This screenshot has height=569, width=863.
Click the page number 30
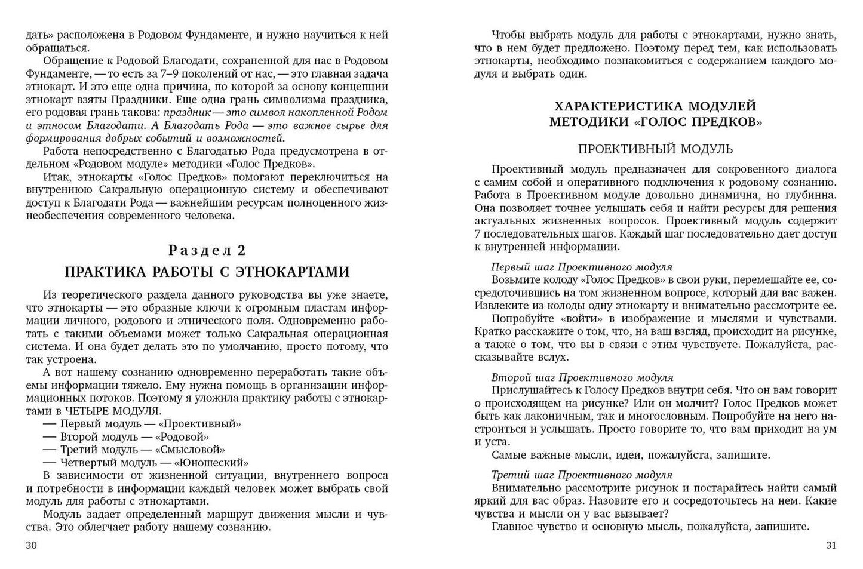pyautogui.click(x=32, y=545)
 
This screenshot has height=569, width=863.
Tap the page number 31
pyautogui.click(x=831, y=545)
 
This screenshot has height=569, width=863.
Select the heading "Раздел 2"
pyautogui.click(x=207, y=250)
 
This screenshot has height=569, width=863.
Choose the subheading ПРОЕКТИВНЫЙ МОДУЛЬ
pyautogui.click(x=655, y=149)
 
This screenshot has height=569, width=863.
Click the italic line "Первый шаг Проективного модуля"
pyautogui.click(x=581, y=267)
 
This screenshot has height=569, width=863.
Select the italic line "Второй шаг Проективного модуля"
pyautogui.click(x=582, y=377)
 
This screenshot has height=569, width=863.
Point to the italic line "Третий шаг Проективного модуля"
pyautogui.click(x=581, y=475)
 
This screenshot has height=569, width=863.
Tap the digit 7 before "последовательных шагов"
pyautogui.click(x=478, y=233)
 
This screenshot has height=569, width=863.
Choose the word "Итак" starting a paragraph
pyautogui.click(x=56, y=177)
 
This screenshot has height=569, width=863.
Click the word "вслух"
pyautogui.click(x=553, y=357)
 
